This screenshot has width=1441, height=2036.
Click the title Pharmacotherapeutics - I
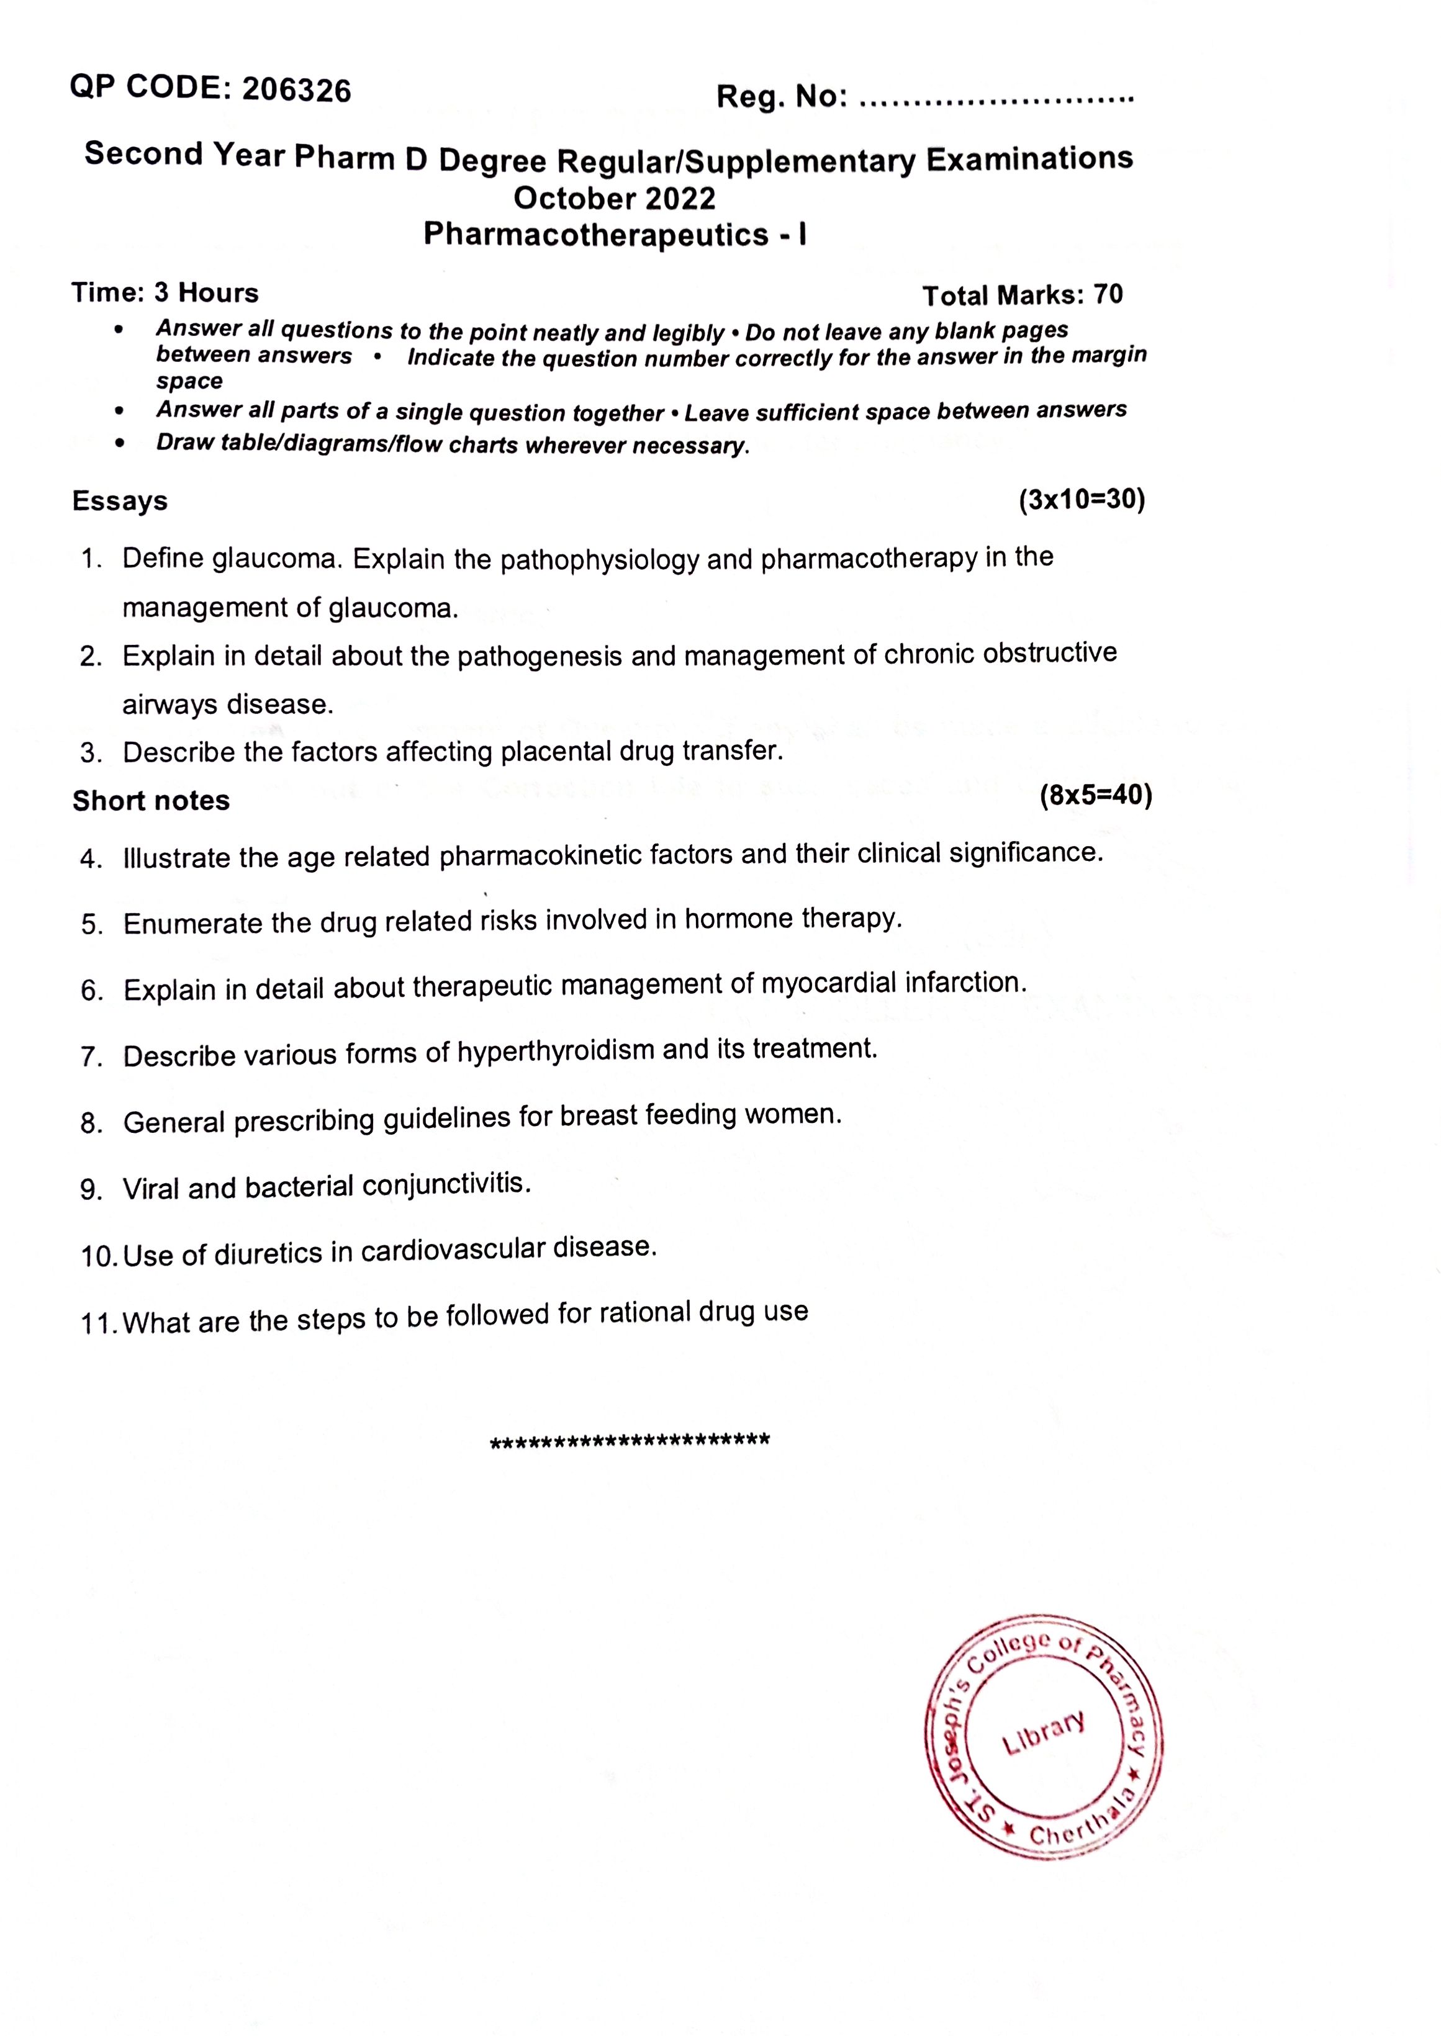[614, 235]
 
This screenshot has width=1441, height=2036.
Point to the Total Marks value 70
[1108, 294]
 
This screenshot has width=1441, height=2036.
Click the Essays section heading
[120, 501]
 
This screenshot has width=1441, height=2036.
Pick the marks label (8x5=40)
[1095, 795]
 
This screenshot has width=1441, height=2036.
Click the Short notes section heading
[151, 801]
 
